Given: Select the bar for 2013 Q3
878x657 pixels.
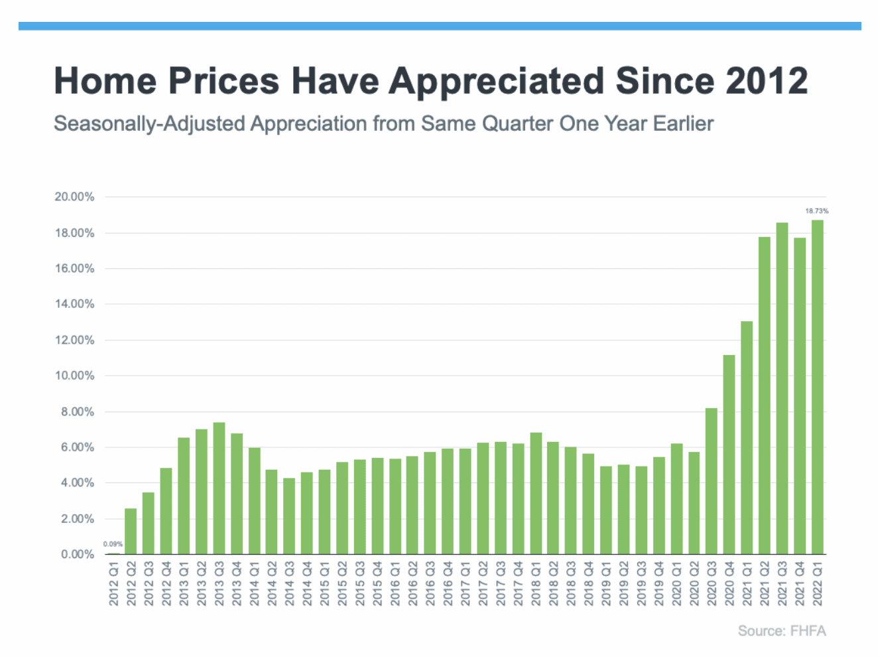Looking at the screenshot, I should click(219, 488).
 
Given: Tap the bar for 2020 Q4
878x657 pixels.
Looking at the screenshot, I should click(729, 455).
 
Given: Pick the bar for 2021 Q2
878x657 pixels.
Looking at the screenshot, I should click(765, 396).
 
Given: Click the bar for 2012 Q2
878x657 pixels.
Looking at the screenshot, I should click(131, 531).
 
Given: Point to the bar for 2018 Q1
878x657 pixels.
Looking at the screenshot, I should click(536, 494).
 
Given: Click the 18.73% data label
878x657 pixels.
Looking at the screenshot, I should click(817, 211).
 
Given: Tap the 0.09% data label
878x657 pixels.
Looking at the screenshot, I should click(113, 544).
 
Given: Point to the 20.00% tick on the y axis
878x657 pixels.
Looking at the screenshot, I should click(74, 197).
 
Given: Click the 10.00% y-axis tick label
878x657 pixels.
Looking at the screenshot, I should click(74, 376).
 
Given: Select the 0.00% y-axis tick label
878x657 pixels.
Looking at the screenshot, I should click(78, 554).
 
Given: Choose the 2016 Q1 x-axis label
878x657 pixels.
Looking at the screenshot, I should click(395, 584).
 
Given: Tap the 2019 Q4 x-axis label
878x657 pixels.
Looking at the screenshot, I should click(659, 584).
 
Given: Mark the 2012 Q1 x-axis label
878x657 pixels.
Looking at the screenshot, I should click(113, 584).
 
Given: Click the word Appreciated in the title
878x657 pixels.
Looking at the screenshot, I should click(496, 82).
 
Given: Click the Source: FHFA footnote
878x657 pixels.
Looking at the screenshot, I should click(782, 631).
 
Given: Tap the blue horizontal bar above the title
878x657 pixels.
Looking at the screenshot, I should click(439, 27).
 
